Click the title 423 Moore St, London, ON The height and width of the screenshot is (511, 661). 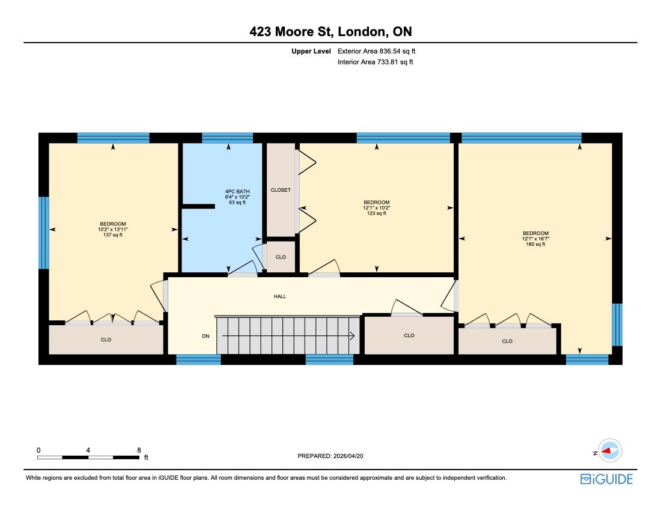point(330,32)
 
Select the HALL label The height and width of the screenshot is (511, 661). point(280,296)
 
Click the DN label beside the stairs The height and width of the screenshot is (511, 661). point(206,336)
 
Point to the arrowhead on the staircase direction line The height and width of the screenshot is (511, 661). point(352,336)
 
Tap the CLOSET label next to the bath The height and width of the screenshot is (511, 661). point(281,190)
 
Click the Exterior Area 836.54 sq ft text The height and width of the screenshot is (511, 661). point(376,52)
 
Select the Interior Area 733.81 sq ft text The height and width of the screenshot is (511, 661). point(375,62)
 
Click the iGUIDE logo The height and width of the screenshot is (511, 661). point(607,479)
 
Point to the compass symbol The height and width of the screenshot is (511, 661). point(610,451)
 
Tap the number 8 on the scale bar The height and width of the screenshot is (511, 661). point(139,450)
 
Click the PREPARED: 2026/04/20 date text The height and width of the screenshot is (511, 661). point(330,456)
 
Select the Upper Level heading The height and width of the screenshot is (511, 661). point(311,52)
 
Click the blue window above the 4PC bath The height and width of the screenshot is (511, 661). point(227,138)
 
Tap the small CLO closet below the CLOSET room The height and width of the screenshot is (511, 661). point(281,257)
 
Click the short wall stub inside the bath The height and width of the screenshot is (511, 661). point(198,207)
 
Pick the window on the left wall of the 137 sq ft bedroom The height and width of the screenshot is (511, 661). point(44,233)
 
